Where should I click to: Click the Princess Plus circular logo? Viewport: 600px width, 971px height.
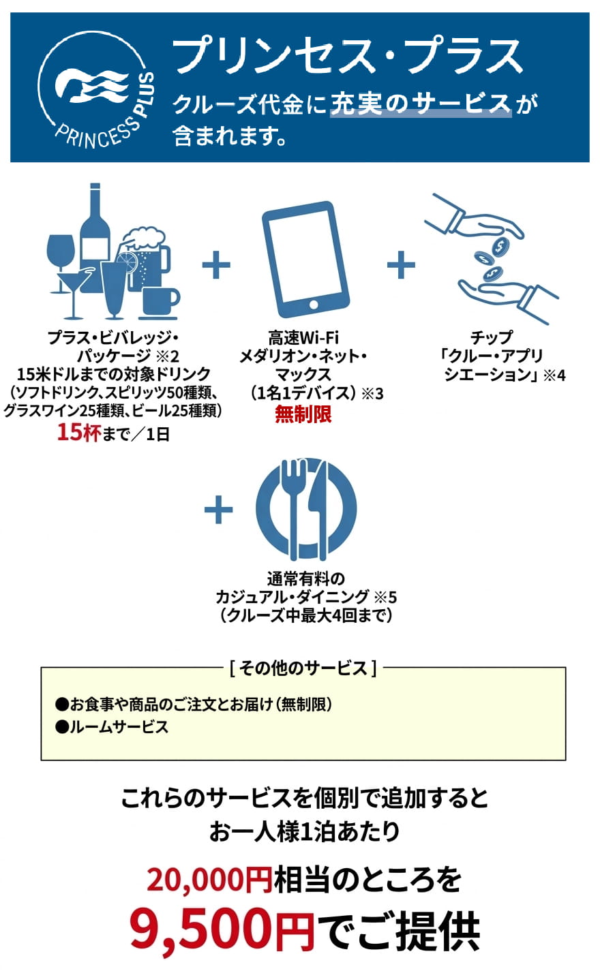96,89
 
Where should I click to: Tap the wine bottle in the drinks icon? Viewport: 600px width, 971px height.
95,226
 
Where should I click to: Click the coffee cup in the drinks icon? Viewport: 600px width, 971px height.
160,302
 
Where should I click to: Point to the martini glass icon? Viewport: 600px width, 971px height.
74,290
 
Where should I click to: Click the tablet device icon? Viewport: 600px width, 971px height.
305,259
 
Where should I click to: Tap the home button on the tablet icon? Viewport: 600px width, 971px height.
313,305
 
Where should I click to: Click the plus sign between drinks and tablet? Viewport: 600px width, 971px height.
216,264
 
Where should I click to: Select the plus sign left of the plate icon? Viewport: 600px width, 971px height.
218,509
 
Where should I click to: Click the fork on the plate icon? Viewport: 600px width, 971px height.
295,508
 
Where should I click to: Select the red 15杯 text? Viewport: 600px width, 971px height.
79,432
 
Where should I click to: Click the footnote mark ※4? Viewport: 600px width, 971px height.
554,375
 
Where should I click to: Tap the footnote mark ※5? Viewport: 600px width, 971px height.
385,598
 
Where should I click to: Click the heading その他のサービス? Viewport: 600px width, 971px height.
303,668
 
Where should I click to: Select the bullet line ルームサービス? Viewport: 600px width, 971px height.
112,727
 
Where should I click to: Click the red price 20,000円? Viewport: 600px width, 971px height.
210,878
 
